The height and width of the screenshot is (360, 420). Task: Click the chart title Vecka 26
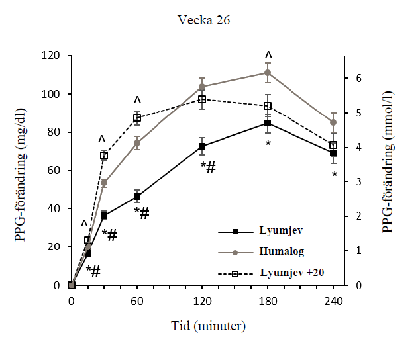pyautogui.click(x=204, y=19)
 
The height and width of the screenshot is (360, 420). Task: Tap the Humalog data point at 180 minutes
pyautogui.click(x=268, y=73)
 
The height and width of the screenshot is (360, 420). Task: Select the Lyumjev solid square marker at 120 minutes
pyautogui.click(x=202, y=146)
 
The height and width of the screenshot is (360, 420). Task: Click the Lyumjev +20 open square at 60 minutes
pyautogui.click(x=137, y=118)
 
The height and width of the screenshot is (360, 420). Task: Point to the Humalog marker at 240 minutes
pyautogui.click(x=333, y=122)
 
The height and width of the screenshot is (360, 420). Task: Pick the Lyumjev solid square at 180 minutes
pyautogui.click(x=268, y=123)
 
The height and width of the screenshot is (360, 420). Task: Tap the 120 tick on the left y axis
pyautogui.click(x=52, y=56)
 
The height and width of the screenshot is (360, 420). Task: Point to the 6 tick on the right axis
pyautogui.click(x=357, y=78)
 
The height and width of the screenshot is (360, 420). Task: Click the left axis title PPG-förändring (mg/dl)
pyautogui.click(x=22, y=170)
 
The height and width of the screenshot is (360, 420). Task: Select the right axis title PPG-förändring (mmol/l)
pyautogui.click(x=388, y=170)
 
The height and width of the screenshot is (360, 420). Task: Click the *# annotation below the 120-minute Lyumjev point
pyautogui.click(x=207, y=167)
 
